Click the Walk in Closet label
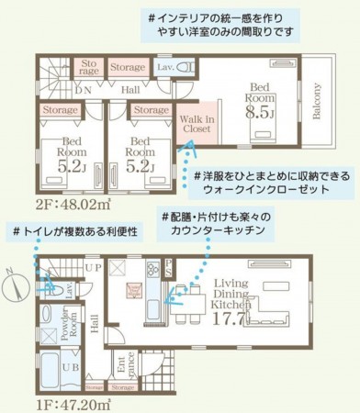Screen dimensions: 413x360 point(197,124)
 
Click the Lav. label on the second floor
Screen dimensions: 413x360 point(167,66)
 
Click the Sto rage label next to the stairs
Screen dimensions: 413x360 point(88,68)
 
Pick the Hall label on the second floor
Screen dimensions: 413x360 point(129,89)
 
